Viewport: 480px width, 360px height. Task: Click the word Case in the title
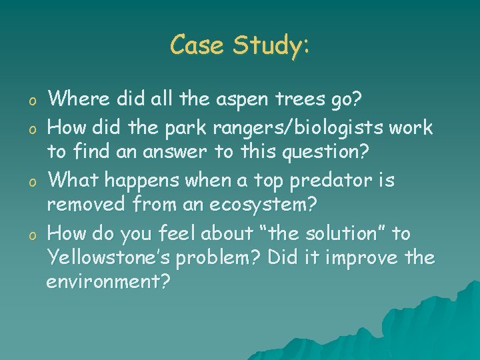(x=196, y=45)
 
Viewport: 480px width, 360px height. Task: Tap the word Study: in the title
(x=271, y=46)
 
